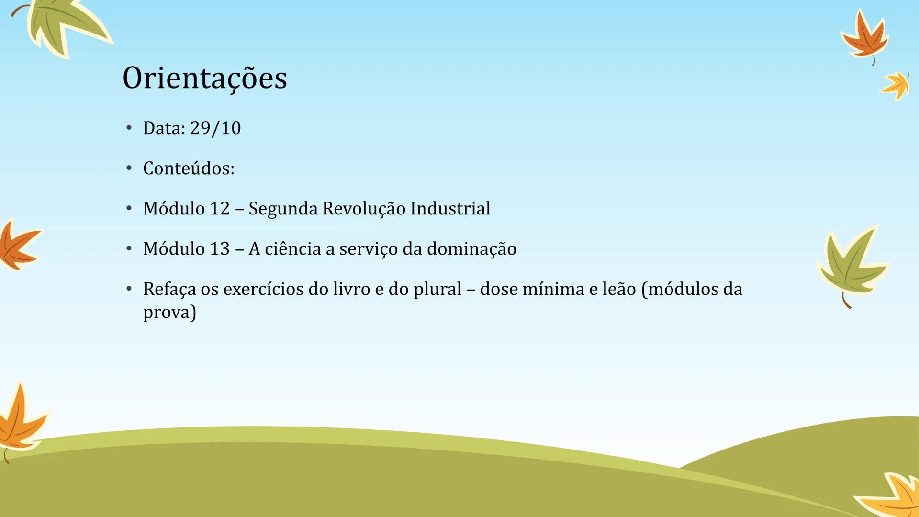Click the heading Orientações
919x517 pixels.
(x=205, y=78)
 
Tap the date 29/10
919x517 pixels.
(x=215, y=128)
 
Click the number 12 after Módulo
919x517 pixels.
(x=220, y=209)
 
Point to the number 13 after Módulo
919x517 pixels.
(x=220, y=249)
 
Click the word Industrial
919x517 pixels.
(x=450, y=209)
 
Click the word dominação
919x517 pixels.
(x=471, y=249)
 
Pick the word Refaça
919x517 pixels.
(x=169, y=289)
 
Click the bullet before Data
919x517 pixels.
(x=129, y=128)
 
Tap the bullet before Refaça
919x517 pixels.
(x=129, y=289)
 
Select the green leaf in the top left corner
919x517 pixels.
(x=65, y=26)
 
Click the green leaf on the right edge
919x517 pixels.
(x=852, y=266)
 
